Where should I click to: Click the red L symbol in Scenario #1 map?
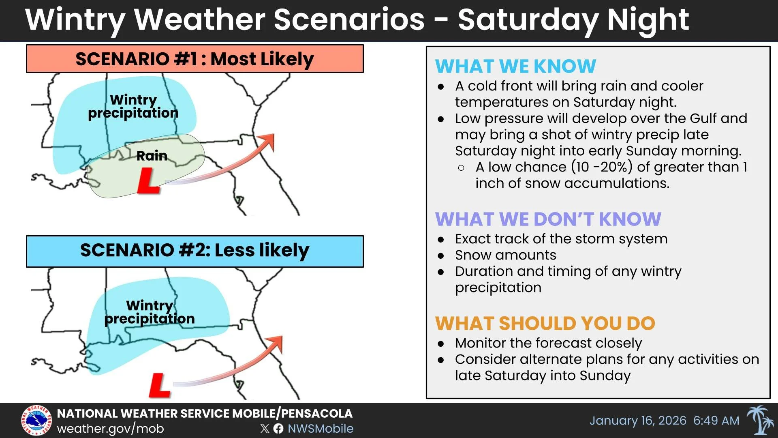pyautogui.click(x=148, y=181)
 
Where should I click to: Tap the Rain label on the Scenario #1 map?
pyautogui.click(x=152, y=156)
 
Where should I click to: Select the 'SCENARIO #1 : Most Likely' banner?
pyautogui.click(x=194, y=59)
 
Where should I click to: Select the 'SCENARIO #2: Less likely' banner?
pyautogui.click(x=194, y=251)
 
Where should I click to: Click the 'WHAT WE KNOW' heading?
pyautogui.click(x=515, y=67)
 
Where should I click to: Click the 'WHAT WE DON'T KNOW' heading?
pyautogui.click(x=548, y=219)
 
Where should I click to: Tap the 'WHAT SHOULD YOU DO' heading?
pyautogui.click(x=545, y=324)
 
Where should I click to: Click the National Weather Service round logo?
pyautogui.click(x=36, y=421)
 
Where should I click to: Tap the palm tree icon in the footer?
pyautogui.click(x=759, y=420)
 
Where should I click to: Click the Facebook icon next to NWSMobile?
pyautogui.click(x=278, y=429)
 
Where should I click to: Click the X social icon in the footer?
pyautogui.click(x=265, y=429)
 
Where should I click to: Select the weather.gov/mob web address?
pyautogui.click(x=110, y=429)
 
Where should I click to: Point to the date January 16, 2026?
pyautogui.click(x=637, y=421)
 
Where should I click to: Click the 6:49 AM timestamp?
pyautogui.click(x=716, y=421)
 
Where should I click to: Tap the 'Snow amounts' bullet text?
pyautogui.click(x=505, y=255)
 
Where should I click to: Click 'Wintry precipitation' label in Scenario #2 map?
pyautogui.click(x=150, y=312)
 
